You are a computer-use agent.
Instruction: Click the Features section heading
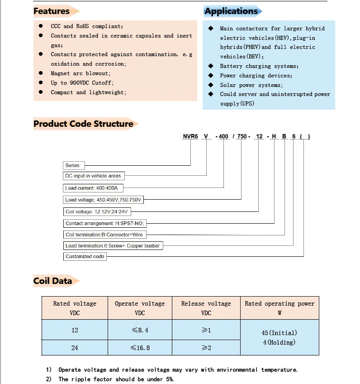coord(52,11)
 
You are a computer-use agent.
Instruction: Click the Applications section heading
coord(231,11)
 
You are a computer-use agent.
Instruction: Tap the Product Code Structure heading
coord(83,124)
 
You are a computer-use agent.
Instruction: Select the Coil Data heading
coord(52,281)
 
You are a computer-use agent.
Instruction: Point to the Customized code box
coord(85,256)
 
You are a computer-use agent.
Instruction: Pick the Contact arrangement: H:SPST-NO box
coord(107,223)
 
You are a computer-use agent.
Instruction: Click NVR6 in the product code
coord(189,136)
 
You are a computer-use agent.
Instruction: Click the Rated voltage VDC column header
coord(75,308)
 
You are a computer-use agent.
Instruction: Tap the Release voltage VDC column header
coord(206,308)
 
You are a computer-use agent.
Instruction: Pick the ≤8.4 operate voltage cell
coord(139,331)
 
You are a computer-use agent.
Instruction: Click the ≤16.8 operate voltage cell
coord(139,348)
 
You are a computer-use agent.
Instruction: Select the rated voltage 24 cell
coord(75,348)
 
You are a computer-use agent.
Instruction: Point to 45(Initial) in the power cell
coord(279,333)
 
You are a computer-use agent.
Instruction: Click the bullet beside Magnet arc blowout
coord(41,73)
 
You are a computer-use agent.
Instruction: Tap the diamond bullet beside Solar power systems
coord(210,85)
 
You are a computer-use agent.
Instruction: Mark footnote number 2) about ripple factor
coord(49,379)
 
